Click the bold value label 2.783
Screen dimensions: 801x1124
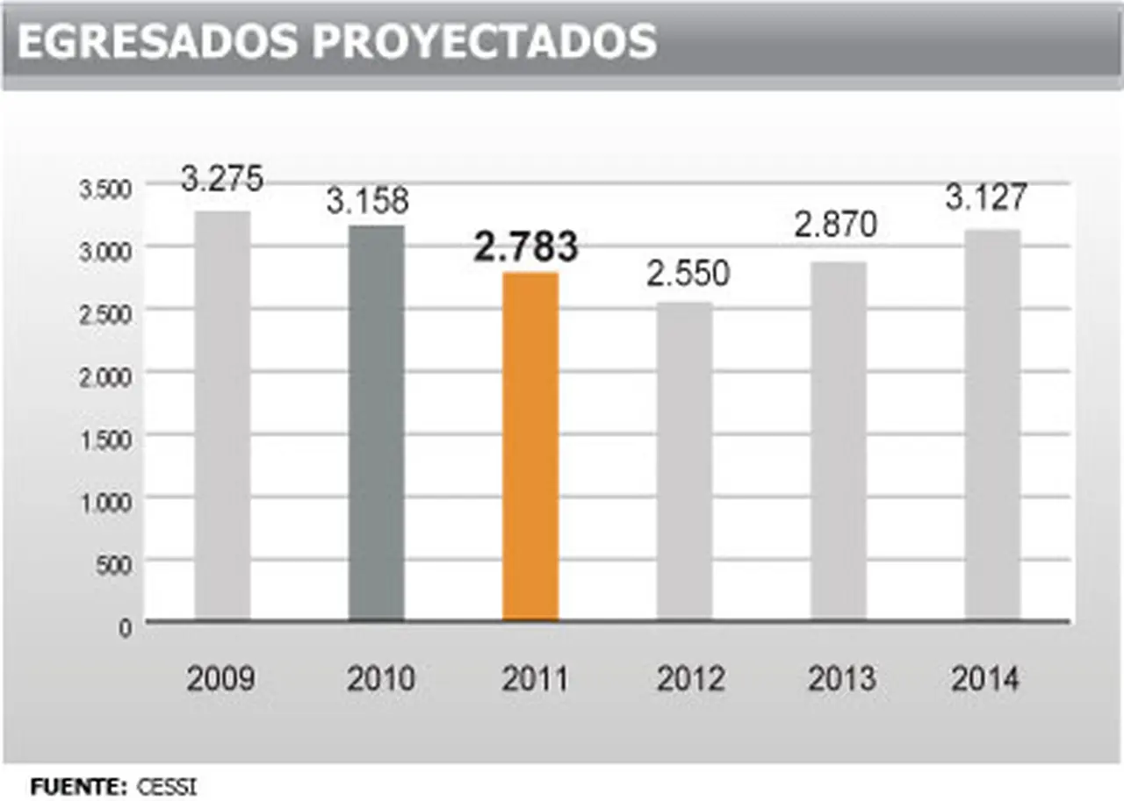pyautogui.click(x=526, y=247)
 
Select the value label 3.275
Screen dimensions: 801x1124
pyautogui.click(x=222, y=179)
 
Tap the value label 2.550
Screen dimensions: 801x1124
pyautogui.click(x=688, y=275)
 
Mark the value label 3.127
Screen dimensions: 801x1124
pyautogui.click(x=985, y=198)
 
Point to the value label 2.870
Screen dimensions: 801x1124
pyautogui.click(x=836, y=225)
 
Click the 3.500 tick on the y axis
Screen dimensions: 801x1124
pyautogui.click(x=105, y=190)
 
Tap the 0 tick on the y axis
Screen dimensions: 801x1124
pyautogui.click(x=125, y=628)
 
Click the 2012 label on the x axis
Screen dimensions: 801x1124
pyautogui.click(x=689, y=679)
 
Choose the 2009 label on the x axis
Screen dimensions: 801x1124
pyautogui.click(x=220, y=679)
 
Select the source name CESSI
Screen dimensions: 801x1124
pyautogui.click(x=167, y=786)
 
